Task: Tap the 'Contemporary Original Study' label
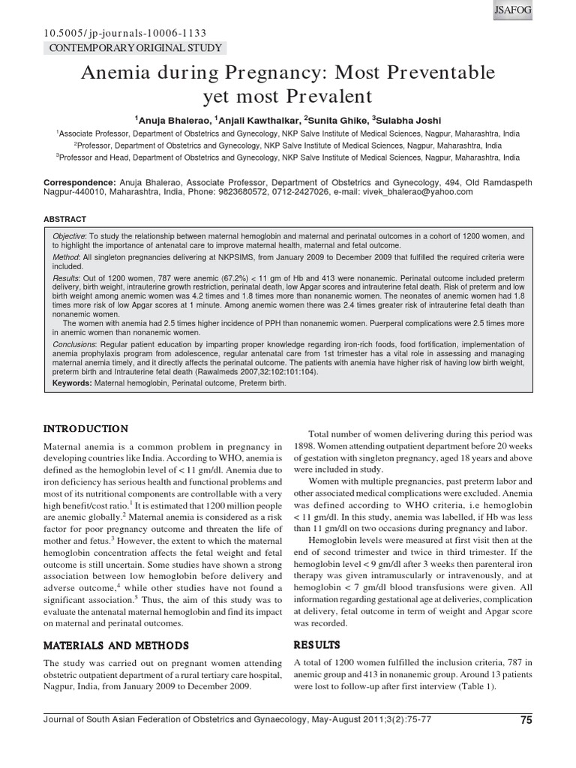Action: [x=135, y=48]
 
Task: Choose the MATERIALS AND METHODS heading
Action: [x=115, y=645]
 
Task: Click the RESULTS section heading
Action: [x=317, y=644]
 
